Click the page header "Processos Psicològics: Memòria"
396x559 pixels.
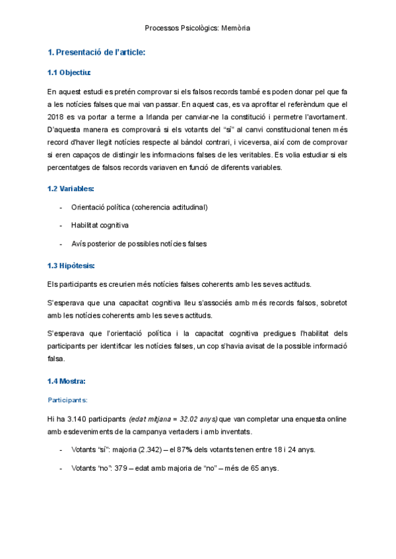pos(197,28)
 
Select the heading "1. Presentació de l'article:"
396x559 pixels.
pos(96,52)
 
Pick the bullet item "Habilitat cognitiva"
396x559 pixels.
pos(100,225)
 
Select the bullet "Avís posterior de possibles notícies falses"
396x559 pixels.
pos(139,243)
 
